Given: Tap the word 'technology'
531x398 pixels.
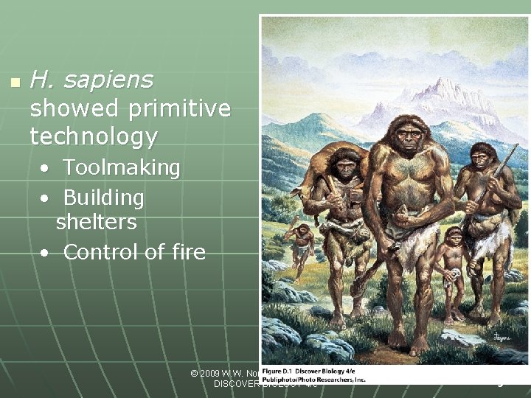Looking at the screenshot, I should [93, 136].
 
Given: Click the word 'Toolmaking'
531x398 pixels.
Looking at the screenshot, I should [122, 168].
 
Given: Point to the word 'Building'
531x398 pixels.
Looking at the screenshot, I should [103, 198].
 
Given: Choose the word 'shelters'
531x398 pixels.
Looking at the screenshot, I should [96, 221].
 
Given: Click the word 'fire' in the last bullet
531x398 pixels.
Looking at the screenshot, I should [186, 252].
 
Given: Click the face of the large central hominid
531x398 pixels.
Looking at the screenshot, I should [407, 137].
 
